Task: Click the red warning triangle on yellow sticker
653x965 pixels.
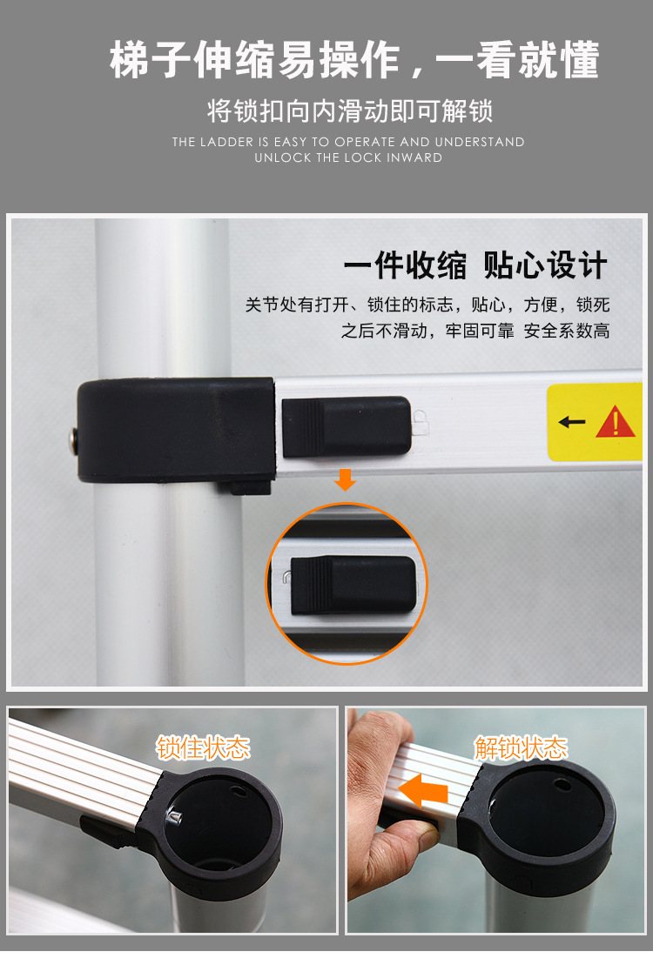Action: [616, 422]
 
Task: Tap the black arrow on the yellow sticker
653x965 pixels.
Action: [572, 422]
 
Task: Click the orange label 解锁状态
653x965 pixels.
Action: [521, 747]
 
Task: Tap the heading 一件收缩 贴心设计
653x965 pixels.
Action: [475, 266]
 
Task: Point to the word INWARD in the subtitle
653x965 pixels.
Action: [417, 157]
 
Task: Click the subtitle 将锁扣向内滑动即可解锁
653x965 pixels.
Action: [349, 111]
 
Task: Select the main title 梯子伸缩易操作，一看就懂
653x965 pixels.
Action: [354, 61]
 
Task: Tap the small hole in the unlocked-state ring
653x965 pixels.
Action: [563, 785]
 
